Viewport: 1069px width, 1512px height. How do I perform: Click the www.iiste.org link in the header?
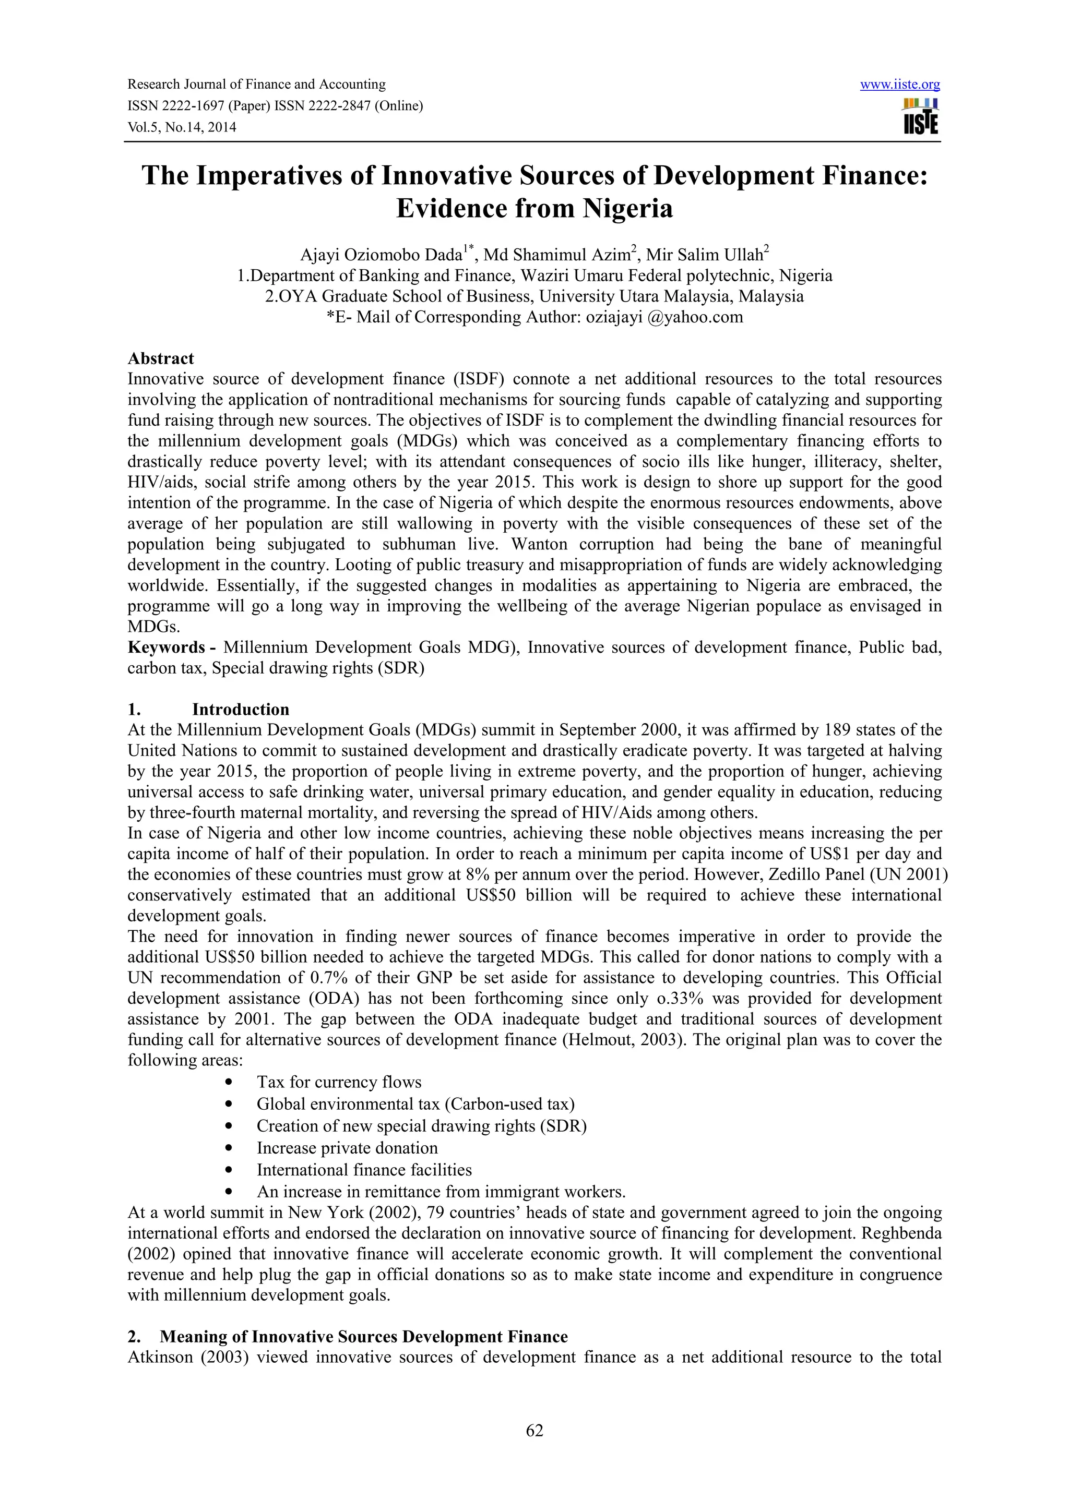point(900,85)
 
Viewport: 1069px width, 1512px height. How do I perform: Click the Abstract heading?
point(161,358)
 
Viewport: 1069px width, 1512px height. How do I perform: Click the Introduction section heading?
point(241,709)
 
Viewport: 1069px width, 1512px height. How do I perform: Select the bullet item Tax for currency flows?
point(339,1082)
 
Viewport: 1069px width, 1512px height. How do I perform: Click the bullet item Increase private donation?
point(347,1148)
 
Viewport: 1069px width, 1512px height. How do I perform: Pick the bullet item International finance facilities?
point(364,1170)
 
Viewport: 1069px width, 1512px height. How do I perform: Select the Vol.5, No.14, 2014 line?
point(181,127)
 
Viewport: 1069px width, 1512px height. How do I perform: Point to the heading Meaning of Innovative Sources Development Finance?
point(364,1336)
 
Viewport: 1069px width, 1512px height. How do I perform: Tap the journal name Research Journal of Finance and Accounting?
point(256,85)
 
